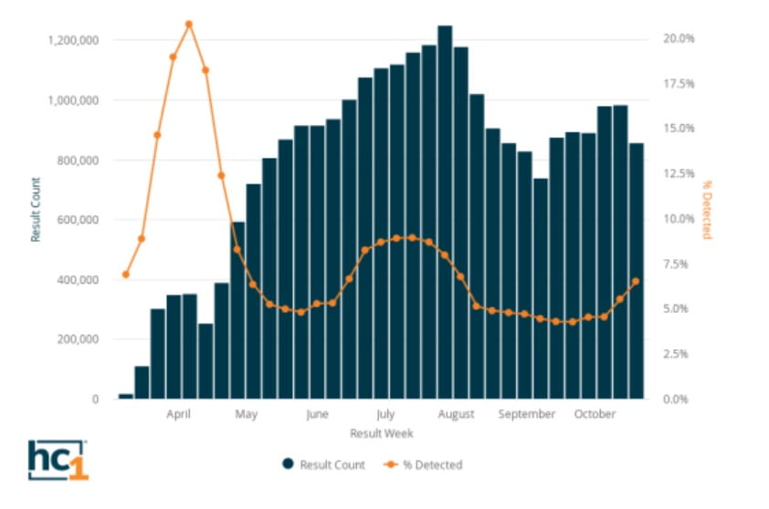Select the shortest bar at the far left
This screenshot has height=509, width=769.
[x=125, y=396]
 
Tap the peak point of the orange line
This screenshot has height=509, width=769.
[x=189, y=24]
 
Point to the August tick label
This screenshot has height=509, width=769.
[x=456, y=414]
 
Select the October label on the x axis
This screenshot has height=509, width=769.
[x=595, y=414]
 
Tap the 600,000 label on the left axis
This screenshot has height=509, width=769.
[x=78, y=220]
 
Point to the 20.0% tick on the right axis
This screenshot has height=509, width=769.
[x=679, y=39]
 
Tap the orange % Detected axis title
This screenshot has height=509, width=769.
[x=706, y=210]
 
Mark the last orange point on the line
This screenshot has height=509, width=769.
[x=636, y=281]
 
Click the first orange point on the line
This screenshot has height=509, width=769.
[x=126, y=275]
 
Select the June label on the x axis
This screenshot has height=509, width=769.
[x=316, y=414]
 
